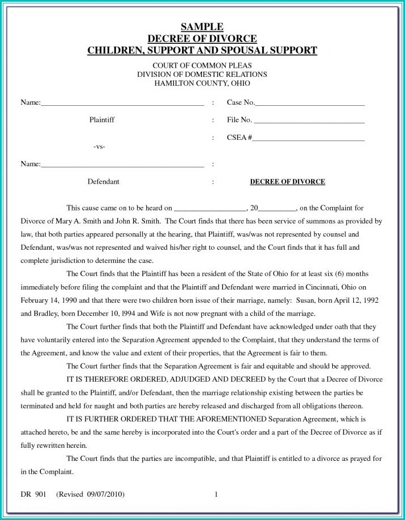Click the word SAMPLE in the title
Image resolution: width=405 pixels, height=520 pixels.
pyautogui.click(x=202, y=27)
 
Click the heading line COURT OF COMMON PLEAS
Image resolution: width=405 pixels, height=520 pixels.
pyautogui.click(x=202, y=66)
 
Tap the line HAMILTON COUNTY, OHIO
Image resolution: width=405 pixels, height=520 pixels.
pyautogui.click(x=202, y=83)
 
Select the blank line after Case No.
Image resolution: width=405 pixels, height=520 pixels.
pyautogui.click(x=309, y=104)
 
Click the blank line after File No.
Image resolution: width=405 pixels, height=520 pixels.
pyautogui.click(x=308, y=121)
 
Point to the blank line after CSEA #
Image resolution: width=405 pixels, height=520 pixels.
pyautogui.click(x=308, y=138)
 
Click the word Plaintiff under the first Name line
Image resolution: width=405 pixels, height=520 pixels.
pyautogui.click(x=102, y=120)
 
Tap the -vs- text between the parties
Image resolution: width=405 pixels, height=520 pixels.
pyautogui.click(x=99, y=147)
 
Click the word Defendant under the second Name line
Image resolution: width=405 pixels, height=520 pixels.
pyautogui.click(x=103, y=182)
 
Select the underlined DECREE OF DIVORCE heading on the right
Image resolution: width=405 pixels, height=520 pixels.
pyautogui.click(x=287, y=182)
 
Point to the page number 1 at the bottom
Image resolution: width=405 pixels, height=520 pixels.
pyautogui.click(x=216, y=494)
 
